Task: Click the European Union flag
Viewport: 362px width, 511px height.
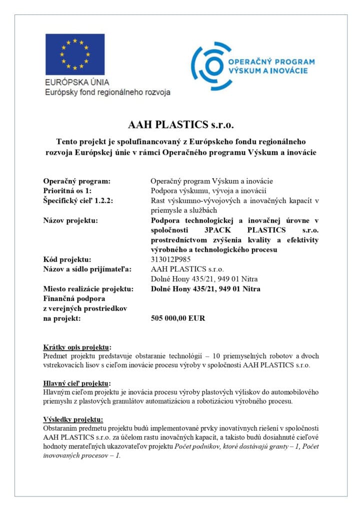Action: [75, 54]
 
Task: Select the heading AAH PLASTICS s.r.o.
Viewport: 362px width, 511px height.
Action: [181, 123]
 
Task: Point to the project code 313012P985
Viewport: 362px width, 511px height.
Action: [171, 259]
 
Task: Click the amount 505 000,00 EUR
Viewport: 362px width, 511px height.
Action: [177, 318]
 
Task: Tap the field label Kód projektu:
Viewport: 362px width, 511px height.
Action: [67, 259]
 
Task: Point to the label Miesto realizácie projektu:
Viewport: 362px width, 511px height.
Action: [88, 289]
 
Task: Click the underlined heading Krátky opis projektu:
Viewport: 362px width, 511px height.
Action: [77, 347]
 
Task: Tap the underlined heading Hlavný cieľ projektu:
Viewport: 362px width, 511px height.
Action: [76, 383]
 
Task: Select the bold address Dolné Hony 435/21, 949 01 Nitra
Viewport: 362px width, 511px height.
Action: [205, 289]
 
